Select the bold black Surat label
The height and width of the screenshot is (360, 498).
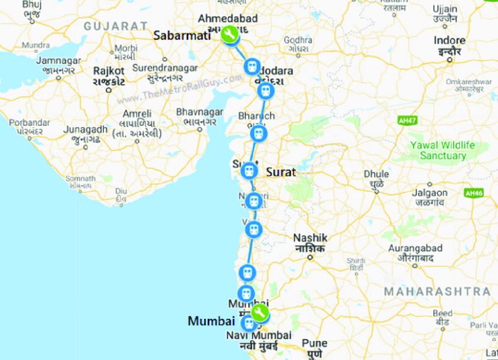(x=281, y=172)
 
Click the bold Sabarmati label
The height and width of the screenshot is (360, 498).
(x=182, y=36)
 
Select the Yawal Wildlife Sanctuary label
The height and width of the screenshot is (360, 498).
(x=443, y=150)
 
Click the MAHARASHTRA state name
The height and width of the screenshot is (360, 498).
(x=437, y=292)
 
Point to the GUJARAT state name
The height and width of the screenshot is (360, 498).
(x=116, y=26)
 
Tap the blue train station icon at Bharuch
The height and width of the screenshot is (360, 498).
(x=258, y=133)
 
